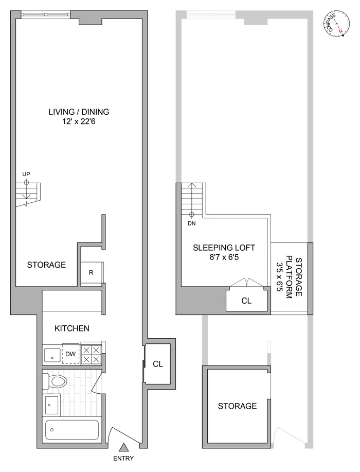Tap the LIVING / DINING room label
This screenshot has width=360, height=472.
[79, 112]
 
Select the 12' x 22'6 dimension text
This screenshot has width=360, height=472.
[79, 122]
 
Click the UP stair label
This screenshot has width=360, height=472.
[26, 174]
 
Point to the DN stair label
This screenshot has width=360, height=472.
[192, 223]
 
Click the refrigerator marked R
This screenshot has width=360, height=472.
[91, 273]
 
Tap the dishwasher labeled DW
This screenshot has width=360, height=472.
[70, 354]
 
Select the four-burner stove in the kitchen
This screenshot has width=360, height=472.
[93, 354]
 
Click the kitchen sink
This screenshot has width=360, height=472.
[51, 355]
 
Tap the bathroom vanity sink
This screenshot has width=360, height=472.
[52, 405]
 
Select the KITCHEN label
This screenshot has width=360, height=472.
[73, 328]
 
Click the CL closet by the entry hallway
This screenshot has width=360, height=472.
[158, 364]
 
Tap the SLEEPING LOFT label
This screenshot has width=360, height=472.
[224, 247]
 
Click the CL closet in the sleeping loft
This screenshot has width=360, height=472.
[246, 301]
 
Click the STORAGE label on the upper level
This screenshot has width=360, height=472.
[237, 406]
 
